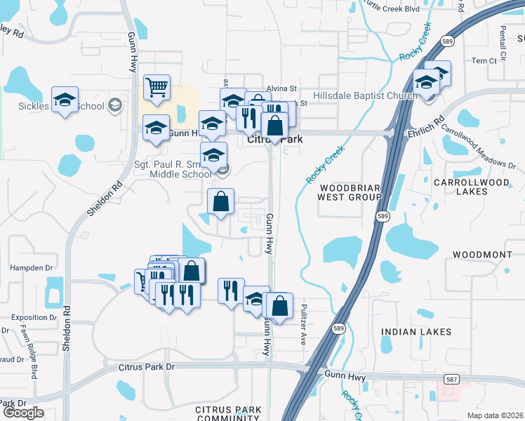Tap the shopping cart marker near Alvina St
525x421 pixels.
157,88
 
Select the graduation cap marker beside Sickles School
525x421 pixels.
65,100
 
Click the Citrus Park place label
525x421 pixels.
275,140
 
